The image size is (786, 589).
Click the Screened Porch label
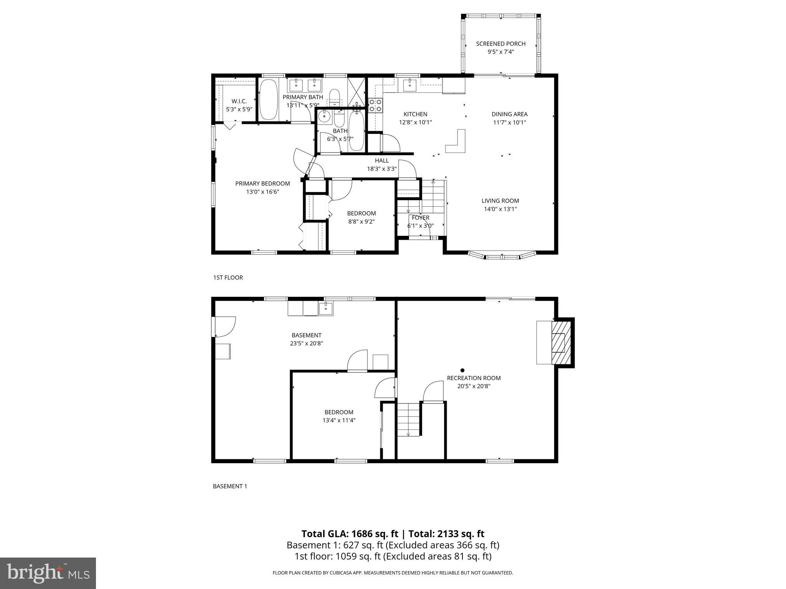point(500,44)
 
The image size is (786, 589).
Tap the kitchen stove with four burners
point(375,105)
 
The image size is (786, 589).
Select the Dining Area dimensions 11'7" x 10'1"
point(509,123)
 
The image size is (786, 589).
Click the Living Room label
point(500,201)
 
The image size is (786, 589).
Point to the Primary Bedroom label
point(263,183)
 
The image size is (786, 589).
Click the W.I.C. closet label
point(239,101)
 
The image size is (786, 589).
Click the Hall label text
point(381,161)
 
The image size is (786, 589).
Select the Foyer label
point(420,217)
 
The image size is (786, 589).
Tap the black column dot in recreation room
point(462,370)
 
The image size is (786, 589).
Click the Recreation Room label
point(474,378)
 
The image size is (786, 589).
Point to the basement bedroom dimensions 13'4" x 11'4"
point(339,420)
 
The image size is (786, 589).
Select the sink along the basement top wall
point(325,308)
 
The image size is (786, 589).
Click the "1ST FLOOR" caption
point(228,278)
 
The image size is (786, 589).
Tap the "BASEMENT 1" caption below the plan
point(230,486)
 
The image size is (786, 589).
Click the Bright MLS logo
point(48,573)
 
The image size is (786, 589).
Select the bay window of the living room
point(502,255)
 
